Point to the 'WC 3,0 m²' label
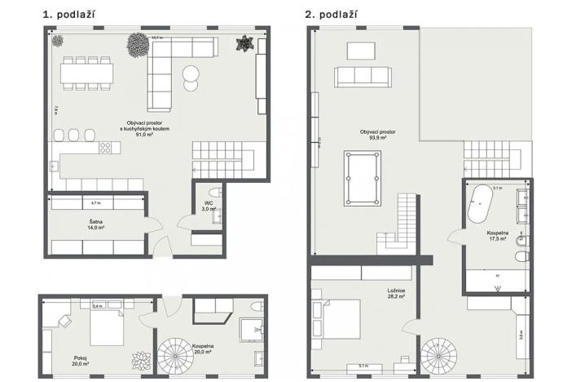(209, 206)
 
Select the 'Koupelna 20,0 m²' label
(204, 349)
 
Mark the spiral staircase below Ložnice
(440, 357)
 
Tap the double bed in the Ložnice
(338, 319)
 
